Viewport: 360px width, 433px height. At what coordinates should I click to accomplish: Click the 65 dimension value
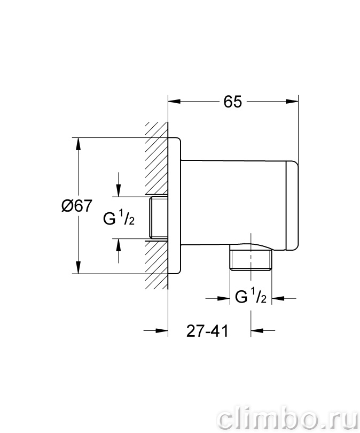232,102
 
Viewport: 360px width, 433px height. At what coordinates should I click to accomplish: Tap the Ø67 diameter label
76,206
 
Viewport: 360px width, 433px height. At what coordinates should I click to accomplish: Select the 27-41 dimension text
207,330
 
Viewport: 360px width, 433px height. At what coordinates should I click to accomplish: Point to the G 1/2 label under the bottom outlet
251,296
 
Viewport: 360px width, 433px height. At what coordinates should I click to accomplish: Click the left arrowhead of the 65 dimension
174,102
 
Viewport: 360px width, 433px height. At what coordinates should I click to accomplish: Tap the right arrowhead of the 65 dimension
292,102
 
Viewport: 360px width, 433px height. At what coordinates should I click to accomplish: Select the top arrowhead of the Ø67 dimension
79,144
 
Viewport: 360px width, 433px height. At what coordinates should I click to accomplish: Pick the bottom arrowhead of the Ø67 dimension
79,267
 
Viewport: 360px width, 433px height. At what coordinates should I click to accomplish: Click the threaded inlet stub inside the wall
158,218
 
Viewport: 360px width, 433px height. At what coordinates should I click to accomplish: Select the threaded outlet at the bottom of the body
251,259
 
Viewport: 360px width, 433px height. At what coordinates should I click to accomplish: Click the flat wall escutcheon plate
174,205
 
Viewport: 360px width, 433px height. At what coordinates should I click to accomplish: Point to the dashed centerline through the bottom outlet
251,257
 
